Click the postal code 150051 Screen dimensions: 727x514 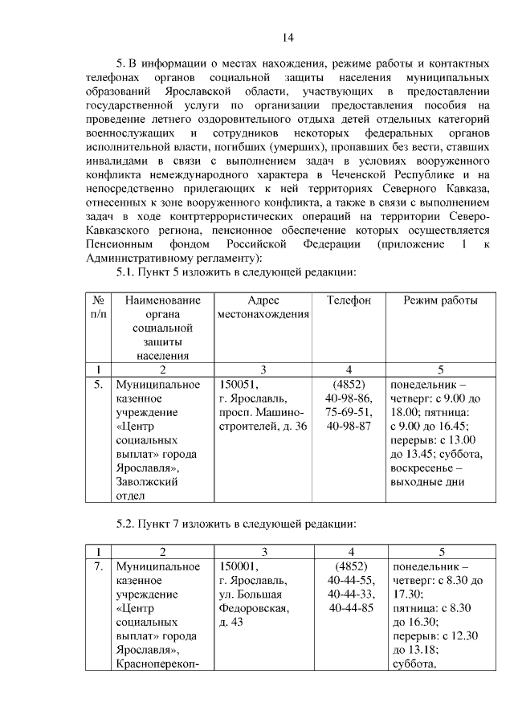[237, 384]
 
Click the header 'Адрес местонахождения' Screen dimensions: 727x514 [263, 307]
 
